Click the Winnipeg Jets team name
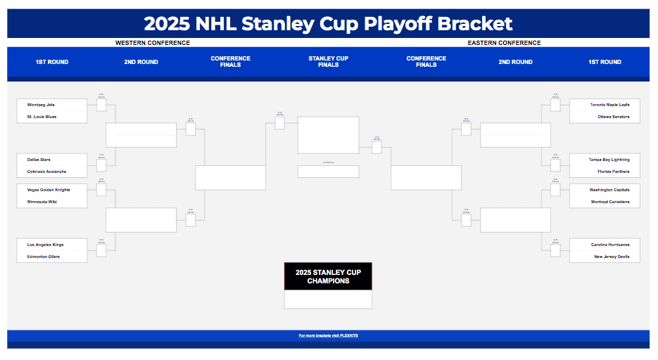click(41, 105)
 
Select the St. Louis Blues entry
click(42, 117)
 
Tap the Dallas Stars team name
click(39, 160)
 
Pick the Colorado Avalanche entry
click(46, 172)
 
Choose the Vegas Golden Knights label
click(49, 190)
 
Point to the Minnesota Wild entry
click(42, 202)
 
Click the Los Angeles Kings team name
click(45, 245)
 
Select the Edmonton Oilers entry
click(44, 257)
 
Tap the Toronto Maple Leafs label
click(609, 105)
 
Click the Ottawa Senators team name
click(613, 117)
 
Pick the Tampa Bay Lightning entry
click(609, 160)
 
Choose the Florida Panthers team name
click(613, 172)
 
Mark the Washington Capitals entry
click(609, 190)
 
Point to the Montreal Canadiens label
click(610, 202)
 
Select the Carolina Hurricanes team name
click(610, 245)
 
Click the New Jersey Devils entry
click(612, 257)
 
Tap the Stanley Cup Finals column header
click(328, 62)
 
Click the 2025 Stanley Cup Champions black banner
click(328, 276)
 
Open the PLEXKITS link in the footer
click(328, 335)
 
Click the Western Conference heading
click(153, 43)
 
